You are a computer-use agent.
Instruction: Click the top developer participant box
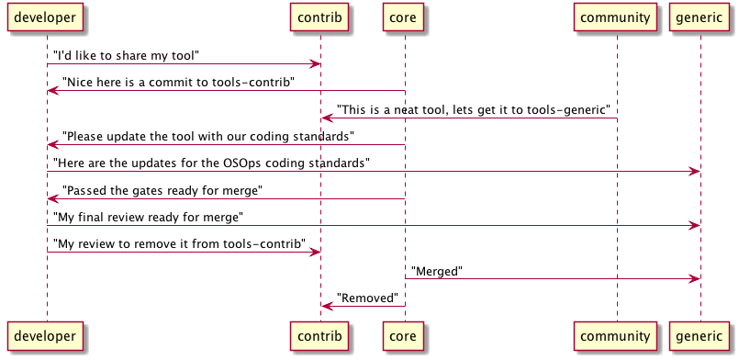pyautogui.click(x=47, y=17)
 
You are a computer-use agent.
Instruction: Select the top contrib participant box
pyautogui.click(x=320, y=17)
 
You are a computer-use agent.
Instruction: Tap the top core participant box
pyautogui.click(x=405, y=17)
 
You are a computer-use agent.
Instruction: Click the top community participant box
pyautogui.click(x=617, y=17)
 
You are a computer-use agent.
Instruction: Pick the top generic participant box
pyautogui.click(x=700, y=17)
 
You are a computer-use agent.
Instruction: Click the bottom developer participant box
pyautogui.click(x=47, y=337)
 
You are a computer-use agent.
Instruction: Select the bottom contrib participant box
pyautogui.click(x=320, y=337)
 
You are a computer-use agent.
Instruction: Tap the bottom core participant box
pyautogui.click(x=405, y=337)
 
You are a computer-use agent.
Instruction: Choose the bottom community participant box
pyautogui.click(x=617, y=337)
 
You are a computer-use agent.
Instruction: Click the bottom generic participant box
pyautogui.click(x=700, y=337)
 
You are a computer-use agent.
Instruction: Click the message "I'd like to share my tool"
pyautogui.click(x=126, y=56)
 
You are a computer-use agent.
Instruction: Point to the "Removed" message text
pyautogui.click(x=367, y=298)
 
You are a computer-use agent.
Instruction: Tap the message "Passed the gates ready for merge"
pyautogui.click(x=162, y=190)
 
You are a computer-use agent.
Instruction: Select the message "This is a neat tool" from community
pyautogui.click(x=475, y=109)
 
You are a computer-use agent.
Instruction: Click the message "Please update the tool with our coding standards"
pyautogui.click(x=207, y=137)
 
